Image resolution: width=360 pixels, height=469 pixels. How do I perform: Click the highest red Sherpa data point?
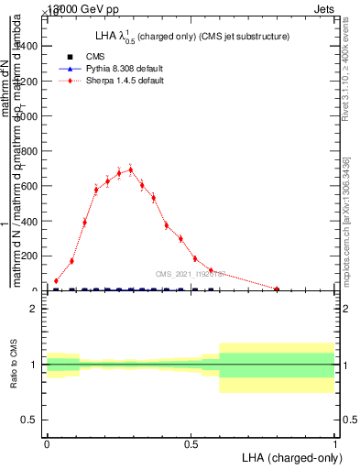pos(131,169)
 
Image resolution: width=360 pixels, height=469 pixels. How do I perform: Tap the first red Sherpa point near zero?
pos(56,281)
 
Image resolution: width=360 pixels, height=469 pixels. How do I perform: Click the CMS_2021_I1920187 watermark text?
pos(194,273)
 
